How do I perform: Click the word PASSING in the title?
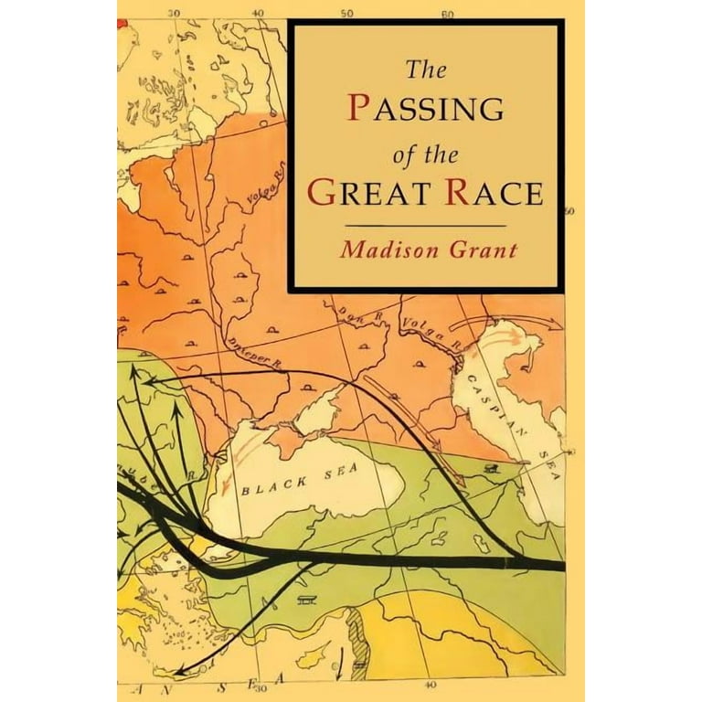pos(426,108)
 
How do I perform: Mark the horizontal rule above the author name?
pos(427,225)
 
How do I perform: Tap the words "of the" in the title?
pos(423,150)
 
